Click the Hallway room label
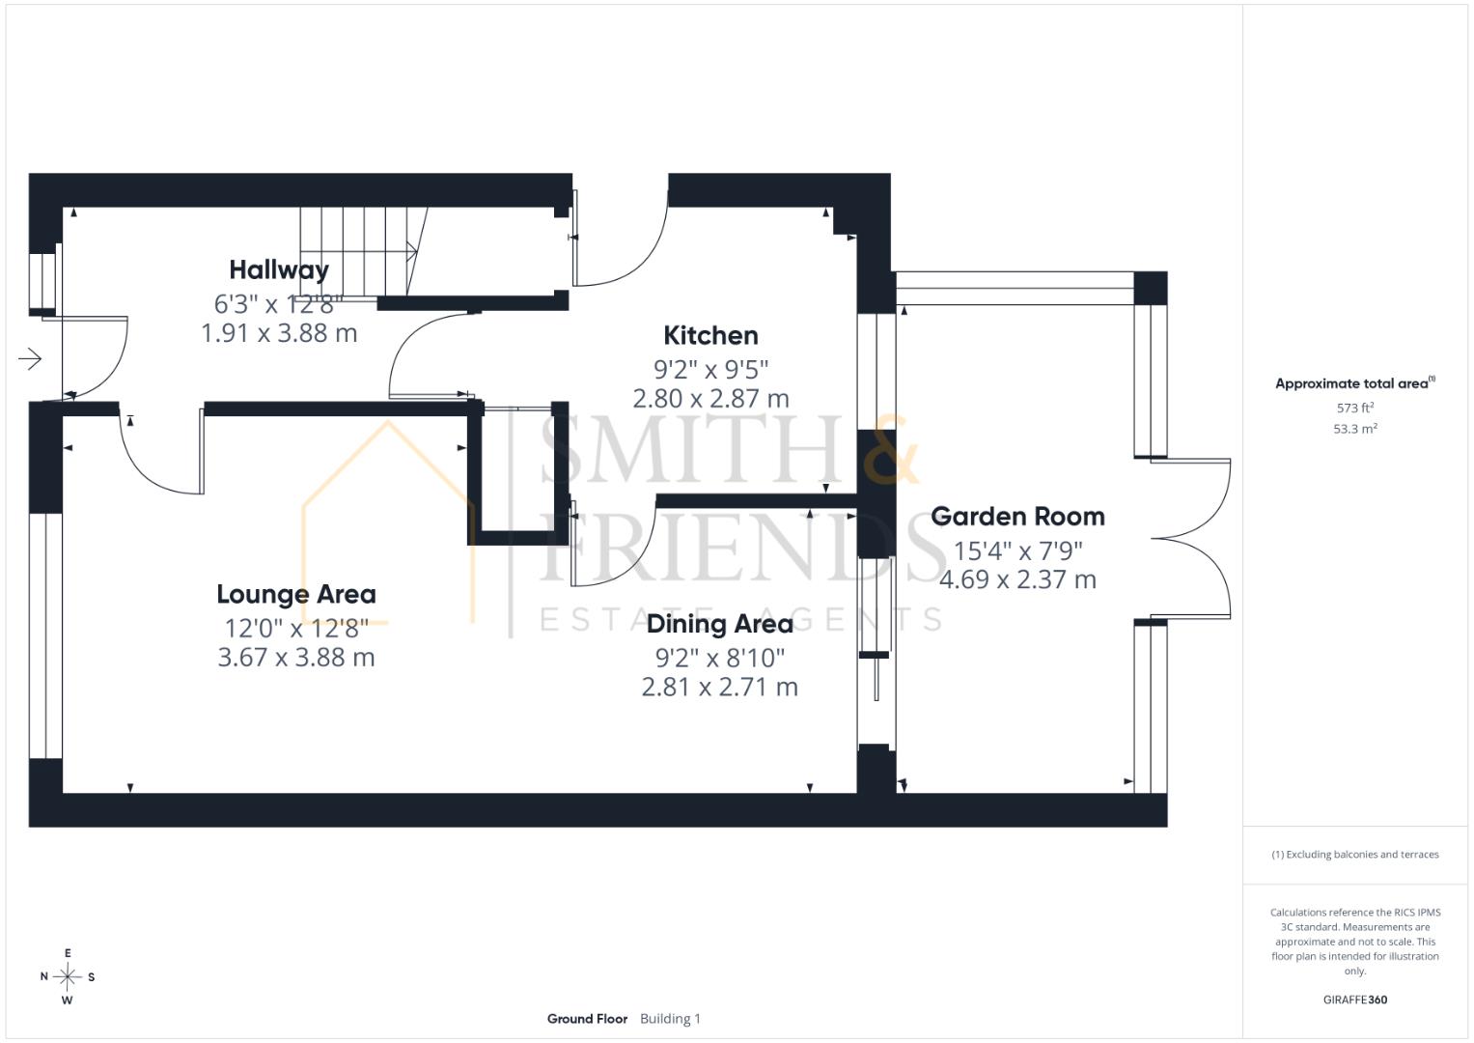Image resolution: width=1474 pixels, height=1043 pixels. point(279,270)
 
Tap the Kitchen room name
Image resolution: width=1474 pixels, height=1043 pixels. point(710,335)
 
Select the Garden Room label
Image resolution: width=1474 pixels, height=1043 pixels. point(1017,517)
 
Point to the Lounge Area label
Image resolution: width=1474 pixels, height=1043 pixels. point(296,595)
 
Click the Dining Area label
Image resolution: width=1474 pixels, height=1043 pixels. point(720,624)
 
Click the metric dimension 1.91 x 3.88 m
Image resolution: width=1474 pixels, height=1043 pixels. point(279,333)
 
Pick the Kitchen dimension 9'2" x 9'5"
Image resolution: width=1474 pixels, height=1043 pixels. point(710,369)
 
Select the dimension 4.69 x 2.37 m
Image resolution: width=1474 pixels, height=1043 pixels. point(1017,579)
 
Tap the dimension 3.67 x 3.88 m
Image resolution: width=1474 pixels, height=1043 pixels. point(296,657)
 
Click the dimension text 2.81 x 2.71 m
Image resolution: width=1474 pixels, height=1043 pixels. point(720,687)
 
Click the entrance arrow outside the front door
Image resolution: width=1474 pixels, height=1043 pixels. point(30,359)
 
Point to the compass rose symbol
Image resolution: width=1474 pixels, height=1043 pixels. point(68,976)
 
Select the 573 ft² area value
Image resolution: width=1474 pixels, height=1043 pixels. point(1355,408)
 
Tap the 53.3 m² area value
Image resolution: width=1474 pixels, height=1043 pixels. point(1355,429)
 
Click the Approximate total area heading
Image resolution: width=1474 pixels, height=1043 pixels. point(1355,383)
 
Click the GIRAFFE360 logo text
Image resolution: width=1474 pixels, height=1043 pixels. point(1355,1000)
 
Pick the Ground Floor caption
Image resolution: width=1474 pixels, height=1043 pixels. point(587,1019)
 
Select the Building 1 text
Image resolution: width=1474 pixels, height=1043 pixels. point(670,1019)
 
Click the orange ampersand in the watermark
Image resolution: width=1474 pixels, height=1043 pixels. point(890,450)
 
